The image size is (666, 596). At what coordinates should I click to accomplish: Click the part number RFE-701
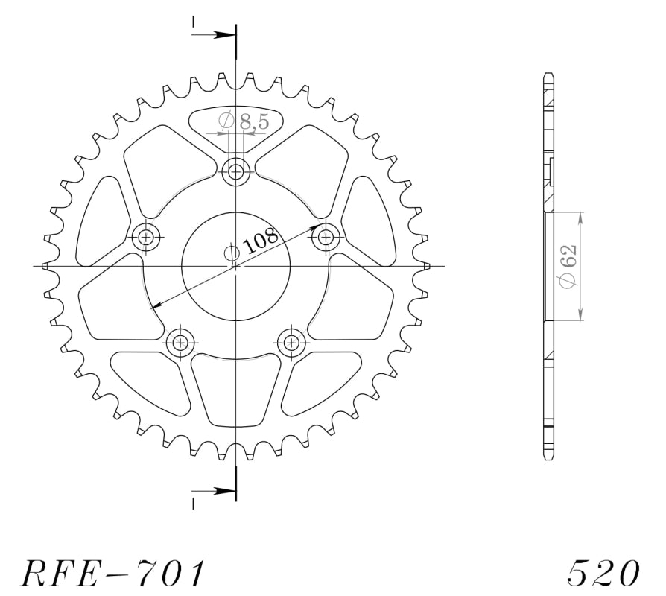point(112,573)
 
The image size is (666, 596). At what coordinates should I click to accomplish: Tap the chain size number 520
point(603,573)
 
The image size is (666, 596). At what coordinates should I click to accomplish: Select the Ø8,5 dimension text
point(244,121)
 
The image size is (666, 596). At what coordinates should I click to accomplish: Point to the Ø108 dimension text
point(250,243)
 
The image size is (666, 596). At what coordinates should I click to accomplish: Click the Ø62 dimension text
point(568,265)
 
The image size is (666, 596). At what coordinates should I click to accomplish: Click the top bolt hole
point(235,173)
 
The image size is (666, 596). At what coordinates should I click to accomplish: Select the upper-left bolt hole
point(147,237)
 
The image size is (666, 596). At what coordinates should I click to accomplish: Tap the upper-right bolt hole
point(326,237)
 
